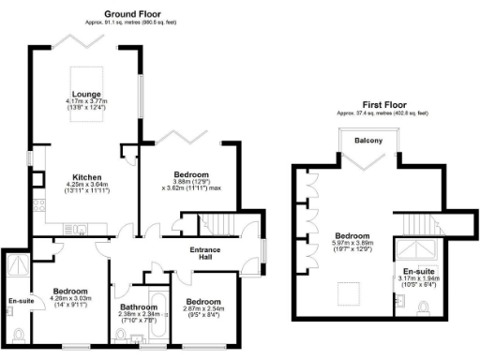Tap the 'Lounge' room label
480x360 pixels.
[x=86, y=95]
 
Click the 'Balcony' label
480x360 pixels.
[x=367, y=142]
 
